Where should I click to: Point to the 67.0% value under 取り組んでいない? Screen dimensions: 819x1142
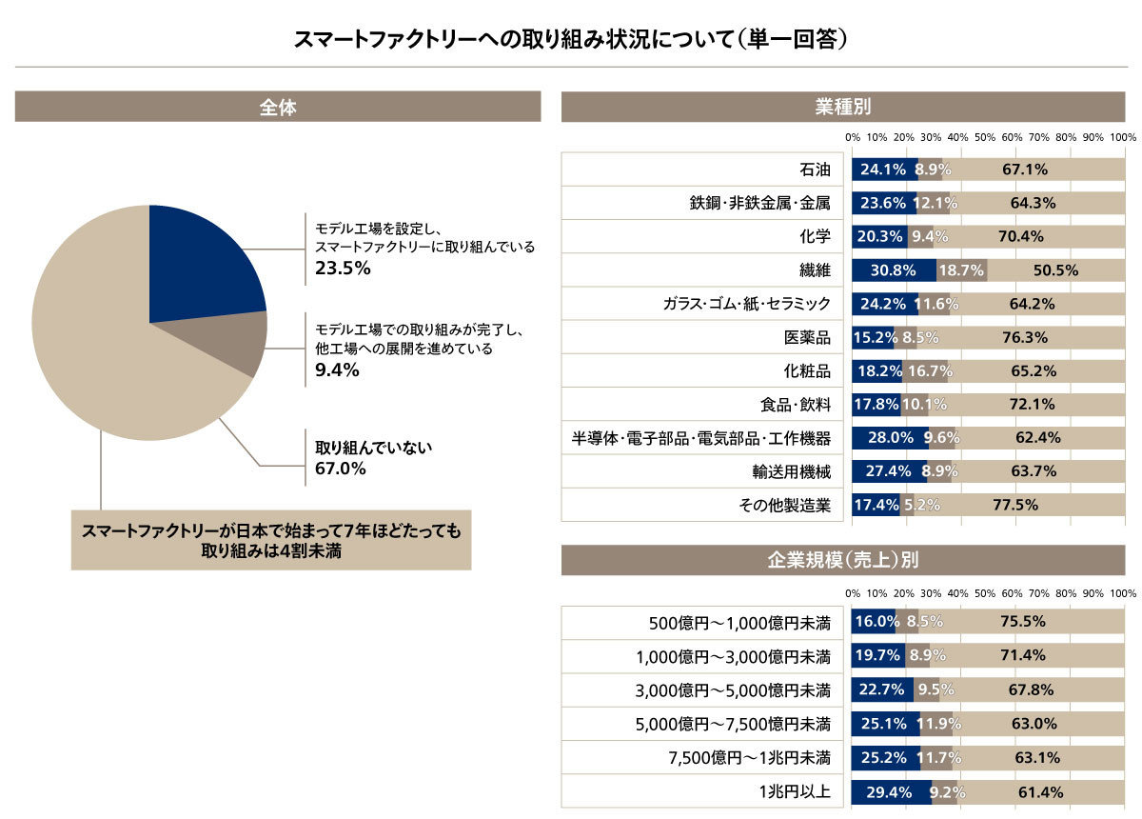(341, 469)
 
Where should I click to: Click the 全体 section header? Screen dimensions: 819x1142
(278, 108)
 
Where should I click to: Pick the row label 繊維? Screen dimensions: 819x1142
(815, 270)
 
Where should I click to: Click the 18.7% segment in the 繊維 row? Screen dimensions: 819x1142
(961, 270)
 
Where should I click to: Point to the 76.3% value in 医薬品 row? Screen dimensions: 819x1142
(1025, 337)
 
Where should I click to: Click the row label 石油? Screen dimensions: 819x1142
(815, 170)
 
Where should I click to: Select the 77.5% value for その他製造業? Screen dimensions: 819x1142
(1015, 505)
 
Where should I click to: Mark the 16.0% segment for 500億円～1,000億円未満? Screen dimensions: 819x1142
(875, 622)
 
